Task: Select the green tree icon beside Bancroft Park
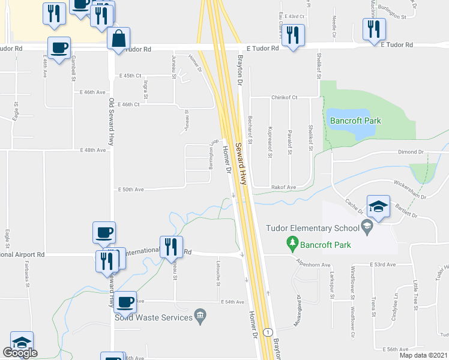[x=292, y=243]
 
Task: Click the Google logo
[x=20, y=353]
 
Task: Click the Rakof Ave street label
[x=283, y=187]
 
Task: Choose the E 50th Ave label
[x=131, y=189]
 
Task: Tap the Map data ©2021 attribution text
[x=423, y=355]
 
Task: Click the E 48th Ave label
[x=93, y=150]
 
